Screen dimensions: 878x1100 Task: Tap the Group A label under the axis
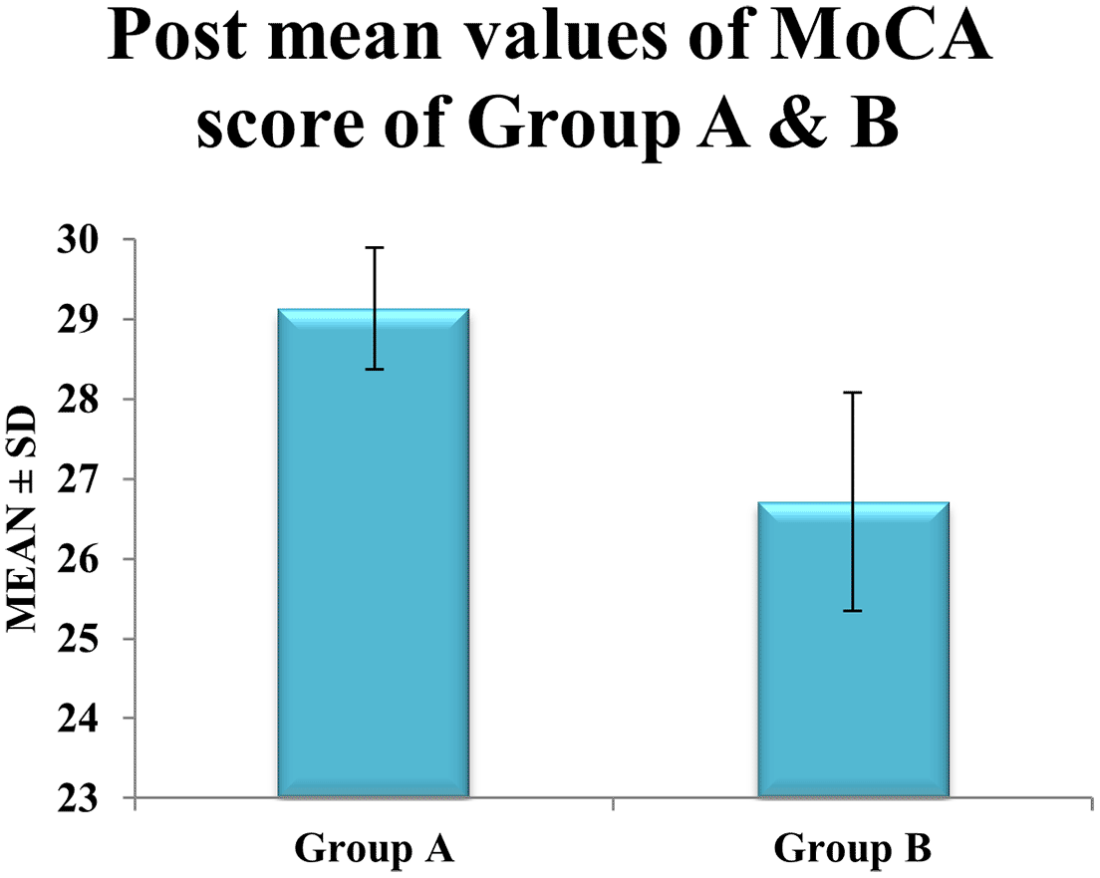374,850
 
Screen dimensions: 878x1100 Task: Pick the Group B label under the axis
853,850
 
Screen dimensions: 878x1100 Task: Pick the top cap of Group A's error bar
374,248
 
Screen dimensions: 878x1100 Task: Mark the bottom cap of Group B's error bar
853,611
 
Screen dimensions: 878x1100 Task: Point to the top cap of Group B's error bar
853,393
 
